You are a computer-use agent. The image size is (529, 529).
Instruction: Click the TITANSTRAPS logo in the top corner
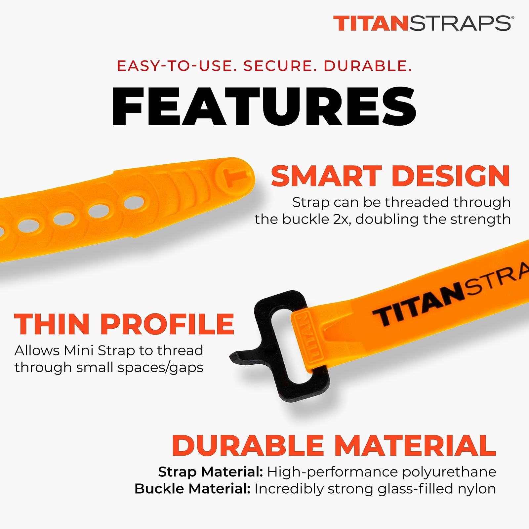point(422,23)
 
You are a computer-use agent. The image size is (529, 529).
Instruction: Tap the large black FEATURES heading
point(264,106)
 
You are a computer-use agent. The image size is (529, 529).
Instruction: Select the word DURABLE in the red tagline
point(367,66)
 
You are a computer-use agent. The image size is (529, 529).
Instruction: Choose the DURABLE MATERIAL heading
point(334,445)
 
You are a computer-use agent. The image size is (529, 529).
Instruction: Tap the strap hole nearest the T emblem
point(134,202)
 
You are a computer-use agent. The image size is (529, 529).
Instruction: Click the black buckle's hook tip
point(235,357)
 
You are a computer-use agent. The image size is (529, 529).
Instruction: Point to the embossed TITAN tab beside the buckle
point(307,337)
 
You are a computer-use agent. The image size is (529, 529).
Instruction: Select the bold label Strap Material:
point(210,472)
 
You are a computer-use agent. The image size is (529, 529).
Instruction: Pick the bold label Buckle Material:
point(192,489)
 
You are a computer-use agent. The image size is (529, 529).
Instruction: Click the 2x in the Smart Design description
point(343,219)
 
